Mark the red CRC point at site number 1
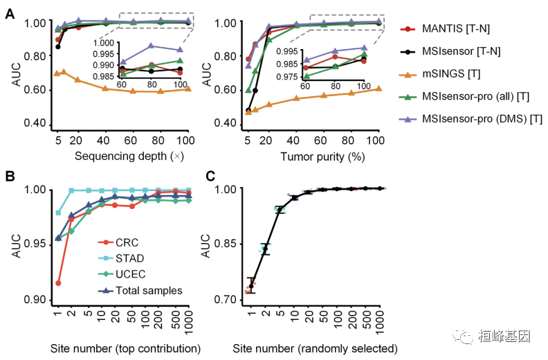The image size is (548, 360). tap(58, 282)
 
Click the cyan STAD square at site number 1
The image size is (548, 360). tap(58, 213)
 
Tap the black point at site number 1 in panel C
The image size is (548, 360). tap(251, 285)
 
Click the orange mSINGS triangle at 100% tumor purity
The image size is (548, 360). tap(377, 89)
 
